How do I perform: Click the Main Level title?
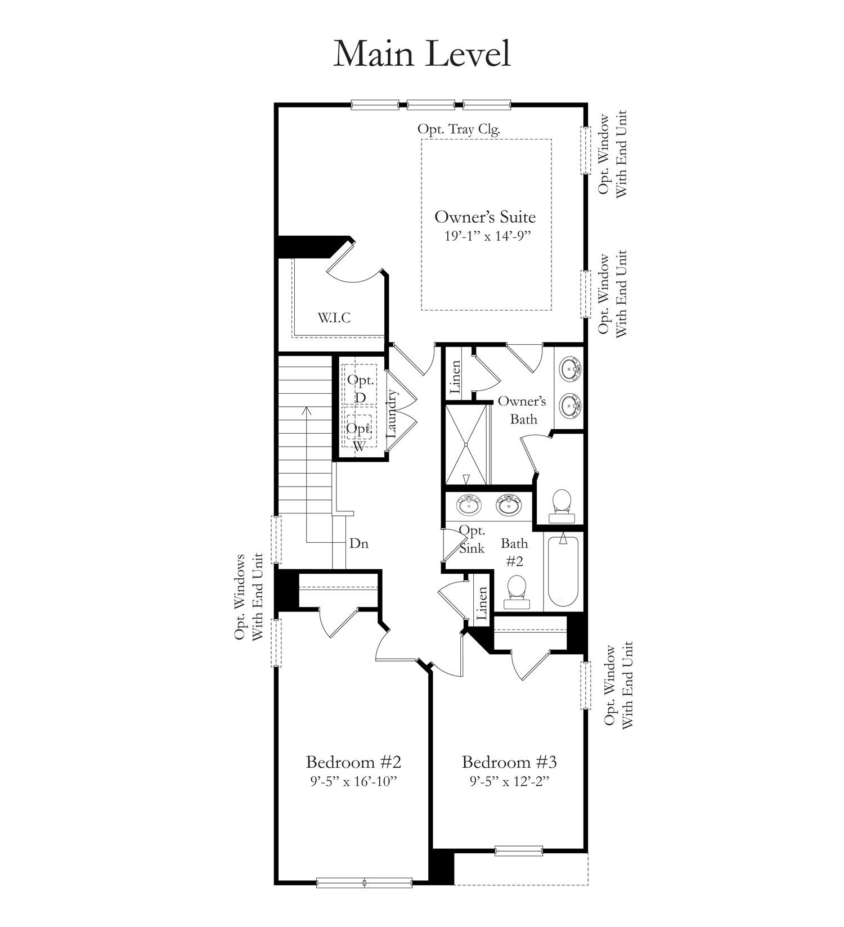(x=422, y=54)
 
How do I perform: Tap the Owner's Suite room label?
(x=485, y=217)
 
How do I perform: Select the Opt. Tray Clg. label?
(x=459, y=129)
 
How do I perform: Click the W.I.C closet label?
(x=334, y=318)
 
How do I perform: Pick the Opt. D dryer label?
(x=360, y=388)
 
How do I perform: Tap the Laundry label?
(x=392, y=415)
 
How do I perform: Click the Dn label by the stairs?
(x=359, y=543)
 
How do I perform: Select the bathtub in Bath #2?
(x=563, y=571)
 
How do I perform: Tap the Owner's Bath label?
(x=522, y=409)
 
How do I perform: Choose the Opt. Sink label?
(x=472, y=539)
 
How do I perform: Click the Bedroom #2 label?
(x=353, y=762)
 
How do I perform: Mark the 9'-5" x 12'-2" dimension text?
(x=509, y=781)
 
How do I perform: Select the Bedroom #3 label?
(x=509, y=762)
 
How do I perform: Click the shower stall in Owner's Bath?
(x=466, y=444)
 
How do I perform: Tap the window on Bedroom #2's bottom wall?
(x=364, y=883)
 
